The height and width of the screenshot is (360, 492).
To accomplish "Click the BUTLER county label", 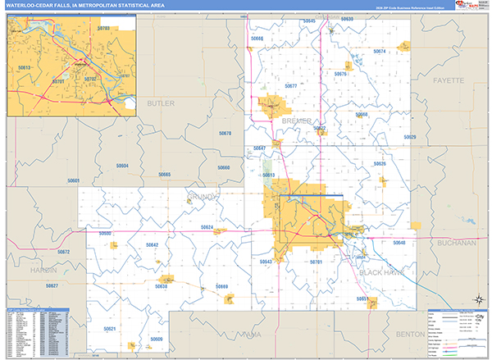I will pyautogui.click(x=162, y=103).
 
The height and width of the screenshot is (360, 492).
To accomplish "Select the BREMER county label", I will pyautogui.click(x=296, y=121).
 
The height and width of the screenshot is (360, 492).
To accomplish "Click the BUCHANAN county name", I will pyautogui.click(x=458, y=244).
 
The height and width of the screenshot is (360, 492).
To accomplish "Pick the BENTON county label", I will pyautogui.click(x=432, y=335).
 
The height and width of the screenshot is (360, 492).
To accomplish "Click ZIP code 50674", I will pyautogui.click(x=380, y=52).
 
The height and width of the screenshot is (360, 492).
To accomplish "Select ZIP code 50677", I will pyautogui.click(x=290, y=85).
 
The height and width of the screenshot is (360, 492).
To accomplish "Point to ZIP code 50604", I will pyautogui.click(x=122, y=166).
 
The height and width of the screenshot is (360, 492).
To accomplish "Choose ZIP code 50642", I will pyautogui.click(x=152, y=244).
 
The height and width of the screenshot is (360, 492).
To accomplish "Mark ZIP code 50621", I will pyautogui.click(x=109, y=328).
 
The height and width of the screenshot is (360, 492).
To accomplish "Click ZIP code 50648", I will pyautogui.click(x=399, y=244).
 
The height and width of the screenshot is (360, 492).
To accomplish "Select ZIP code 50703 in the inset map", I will pyautogui.click(x=103, y=29).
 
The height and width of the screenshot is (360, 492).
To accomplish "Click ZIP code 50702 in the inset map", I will pyautogui.click(x=90, y=79).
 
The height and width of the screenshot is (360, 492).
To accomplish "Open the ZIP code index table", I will pyautogui.click(x=38, y=333).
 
